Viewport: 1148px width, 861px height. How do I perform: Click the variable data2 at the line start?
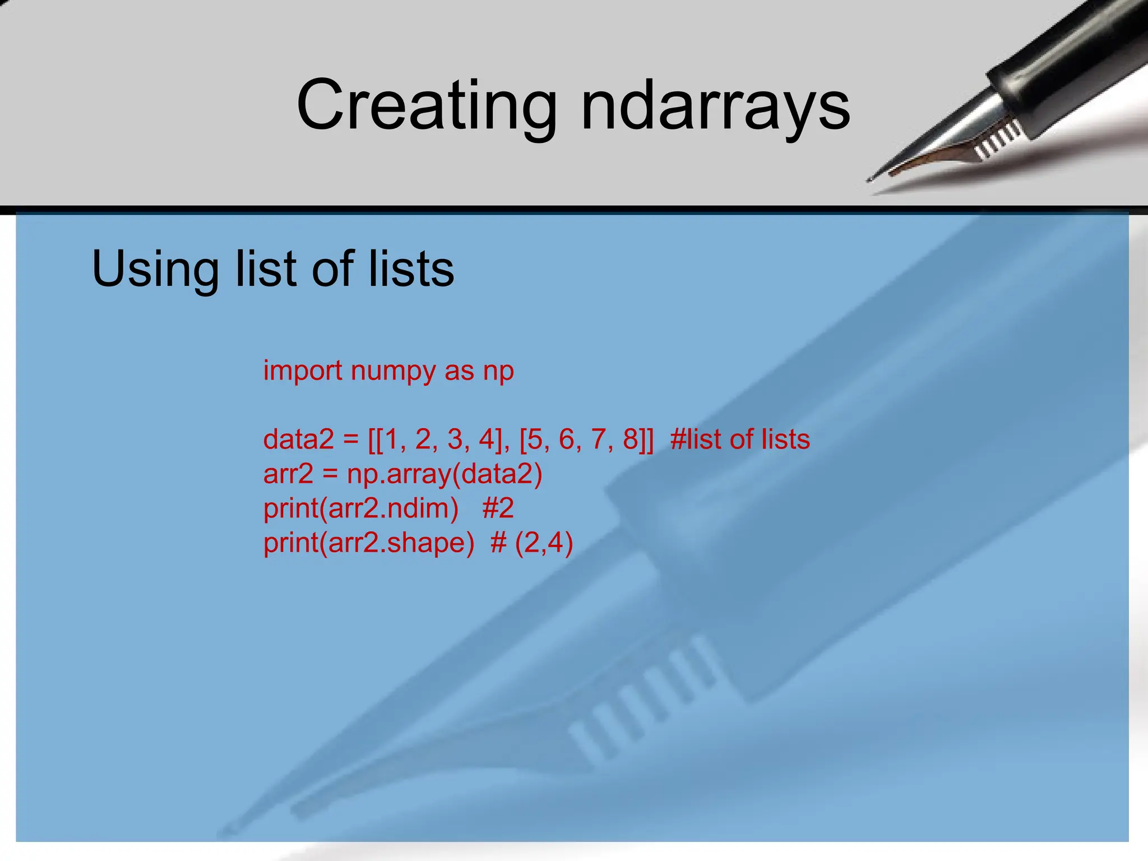click(299, 439)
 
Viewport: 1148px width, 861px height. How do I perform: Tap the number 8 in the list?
click(631, 439)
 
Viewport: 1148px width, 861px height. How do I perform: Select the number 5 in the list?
click(535, 439)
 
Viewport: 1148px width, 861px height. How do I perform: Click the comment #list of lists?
click(740, 439)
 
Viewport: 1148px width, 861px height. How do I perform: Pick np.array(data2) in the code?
click(445, 474)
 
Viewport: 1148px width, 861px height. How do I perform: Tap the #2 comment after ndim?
click(498, 508)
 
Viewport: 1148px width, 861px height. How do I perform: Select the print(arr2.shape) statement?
click(369, 543)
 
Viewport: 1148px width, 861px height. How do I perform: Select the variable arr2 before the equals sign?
click(288, 474)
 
